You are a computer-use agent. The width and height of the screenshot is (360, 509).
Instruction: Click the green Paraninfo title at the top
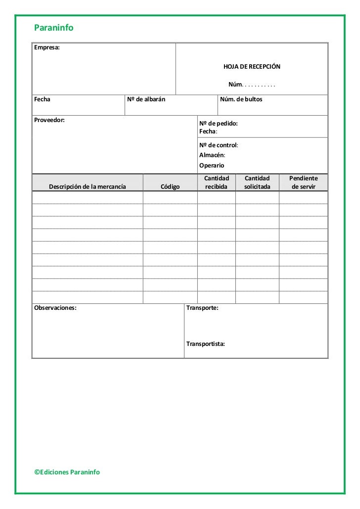[53, 28]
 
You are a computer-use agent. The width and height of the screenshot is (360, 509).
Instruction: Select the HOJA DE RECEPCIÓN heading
[252, 66]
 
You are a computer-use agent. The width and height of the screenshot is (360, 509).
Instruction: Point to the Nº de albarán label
[146, 99]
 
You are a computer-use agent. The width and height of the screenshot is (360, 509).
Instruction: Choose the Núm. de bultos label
[241, 99]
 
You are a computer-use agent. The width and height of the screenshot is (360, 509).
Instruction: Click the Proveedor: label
[49, 120]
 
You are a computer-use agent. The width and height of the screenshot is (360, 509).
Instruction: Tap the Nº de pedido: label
[218, 124]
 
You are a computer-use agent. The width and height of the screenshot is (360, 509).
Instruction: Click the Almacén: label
[212, 155]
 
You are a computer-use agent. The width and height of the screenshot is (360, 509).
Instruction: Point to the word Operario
[212, 166]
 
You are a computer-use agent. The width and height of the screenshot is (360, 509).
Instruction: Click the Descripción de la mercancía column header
[87, 186]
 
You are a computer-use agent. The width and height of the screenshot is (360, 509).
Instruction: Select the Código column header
[170, 186]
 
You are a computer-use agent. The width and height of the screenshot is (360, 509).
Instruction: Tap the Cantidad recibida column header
[217, 182]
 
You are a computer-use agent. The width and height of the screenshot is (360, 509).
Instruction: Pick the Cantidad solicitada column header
[257, 182]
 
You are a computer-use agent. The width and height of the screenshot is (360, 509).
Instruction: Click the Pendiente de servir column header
[303, 182]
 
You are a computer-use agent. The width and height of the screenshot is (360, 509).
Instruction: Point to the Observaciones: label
[55, 308]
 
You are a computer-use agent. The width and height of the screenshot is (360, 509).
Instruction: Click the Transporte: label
[202, 308]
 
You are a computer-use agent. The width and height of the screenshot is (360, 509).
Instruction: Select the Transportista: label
[205, 343]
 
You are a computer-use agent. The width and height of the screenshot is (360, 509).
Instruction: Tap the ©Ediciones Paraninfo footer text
[67, 472]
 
